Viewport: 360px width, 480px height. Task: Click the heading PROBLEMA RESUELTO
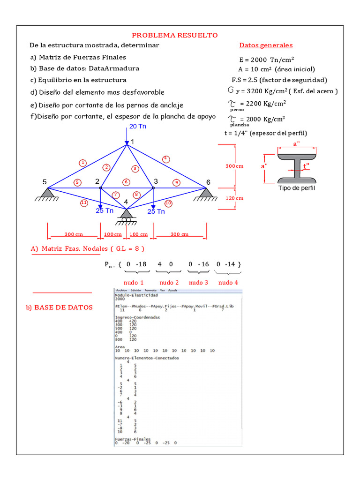(x=174, y=35)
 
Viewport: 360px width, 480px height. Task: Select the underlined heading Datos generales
(x=266, y=45)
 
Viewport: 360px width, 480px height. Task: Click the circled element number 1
(x=82, y=163)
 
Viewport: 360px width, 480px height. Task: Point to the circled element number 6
(x=126, y=182)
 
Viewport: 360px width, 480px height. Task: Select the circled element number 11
(x=84, y=203)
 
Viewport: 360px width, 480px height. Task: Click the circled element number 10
(x=169, y=203)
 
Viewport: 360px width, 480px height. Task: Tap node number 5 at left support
(x=45, y=182)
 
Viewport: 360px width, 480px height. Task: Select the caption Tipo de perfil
(x=296, y=188)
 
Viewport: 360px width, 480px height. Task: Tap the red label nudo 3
(x=199, y=283)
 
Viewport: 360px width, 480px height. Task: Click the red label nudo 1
(x=134, y=283)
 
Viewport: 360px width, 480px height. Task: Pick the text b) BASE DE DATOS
(x=60, y=307)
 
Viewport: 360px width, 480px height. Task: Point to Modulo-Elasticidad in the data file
(x=136, y=295)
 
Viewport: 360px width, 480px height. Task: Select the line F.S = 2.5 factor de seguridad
(x=279, y=80)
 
